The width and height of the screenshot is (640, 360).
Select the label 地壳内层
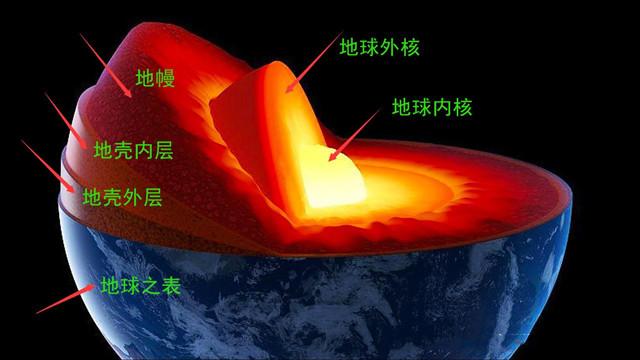tap(133, 151)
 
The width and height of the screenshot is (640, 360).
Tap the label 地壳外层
tap(122, 197)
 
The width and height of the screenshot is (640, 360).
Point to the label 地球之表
tap(140, 286)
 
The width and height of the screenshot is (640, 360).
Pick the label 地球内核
tap(431, 106)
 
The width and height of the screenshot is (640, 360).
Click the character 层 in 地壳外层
tap(151, 197)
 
